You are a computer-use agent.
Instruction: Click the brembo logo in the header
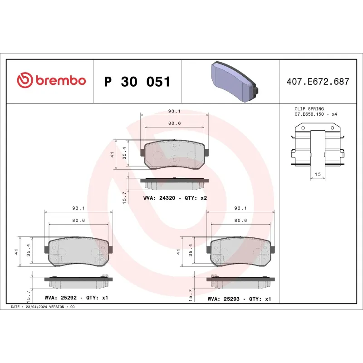click(51, 81)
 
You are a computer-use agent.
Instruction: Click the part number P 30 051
click(137, 82)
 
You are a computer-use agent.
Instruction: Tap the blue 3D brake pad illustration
click(234, 82)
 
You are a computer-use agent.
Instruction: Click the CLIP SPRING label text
click(309, 109)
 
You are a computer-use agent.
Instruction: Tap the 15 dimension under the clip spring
click(318, 174)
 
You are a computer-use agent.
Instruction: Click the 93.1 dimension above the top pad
click(174, 111)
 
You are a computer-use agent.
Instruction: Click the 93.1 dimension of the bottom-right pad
click(240, 208)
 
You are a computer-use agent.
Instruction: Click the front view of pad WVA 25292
click(78, 252)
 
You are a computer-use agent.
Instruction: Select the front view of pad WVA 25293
click(240, 252)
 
